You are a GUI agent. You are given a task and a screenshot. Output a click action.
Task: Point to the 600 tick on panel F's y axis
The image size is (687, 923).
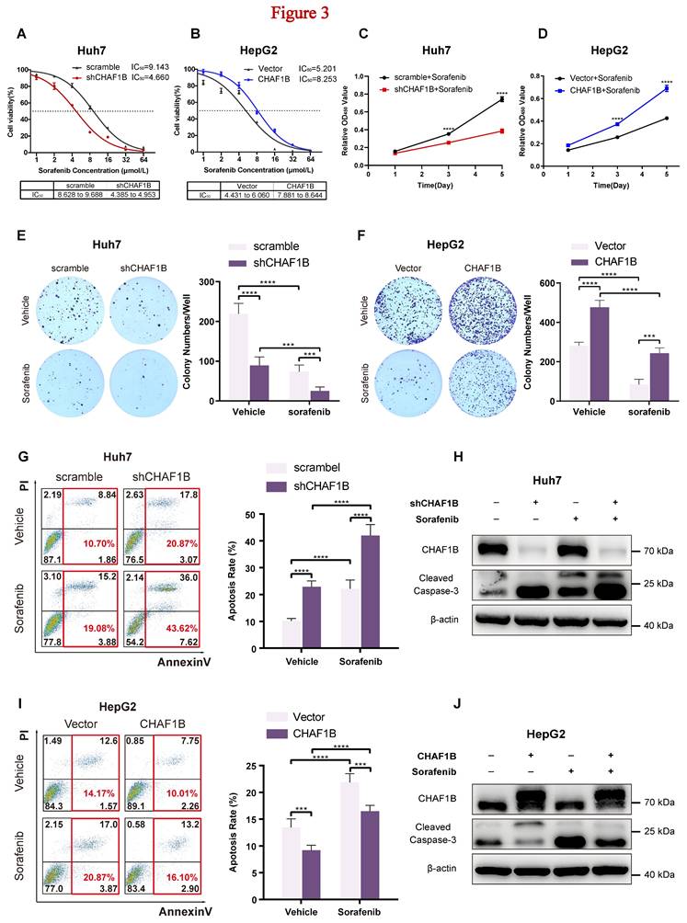click(x=529, y=282)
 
